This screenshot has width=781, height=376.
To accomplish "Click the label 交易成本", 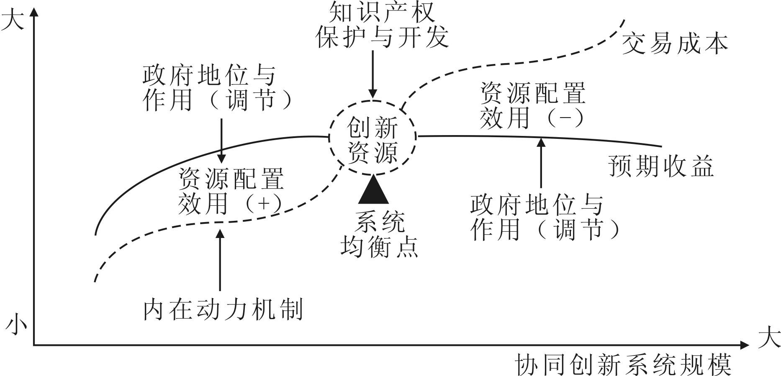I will [675, 44].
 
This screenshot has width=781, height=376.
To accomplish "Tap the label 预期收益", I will [661, 166].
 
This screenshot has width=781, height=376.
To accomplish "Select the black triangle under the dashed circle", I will [373, 191].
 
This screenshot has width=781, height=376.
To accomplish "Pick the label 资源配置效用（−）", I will [532, 105].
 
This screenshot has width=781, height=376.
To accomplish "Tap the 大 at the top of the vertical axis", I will [13, 20].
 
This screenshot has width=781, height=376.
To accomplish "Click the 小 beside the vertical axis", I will [16, 326].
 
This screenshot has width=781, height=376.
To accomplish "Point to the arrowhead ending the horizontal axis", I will [744, 345].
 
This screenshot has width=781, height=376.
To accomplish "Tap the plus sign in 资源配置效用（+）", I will [264, 204].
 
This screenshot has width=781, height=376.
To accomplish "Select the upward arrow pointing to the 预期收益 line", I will [542, 163].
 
